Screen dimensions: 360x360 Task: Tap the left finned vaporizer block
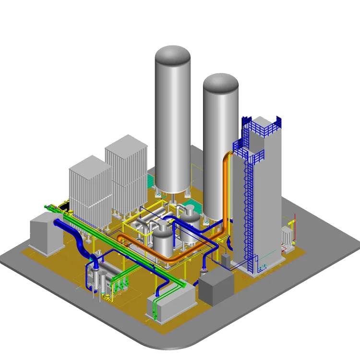[x=90, y=192]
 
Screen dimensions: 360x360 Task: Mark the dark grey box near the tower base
[x=216, y=286]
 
